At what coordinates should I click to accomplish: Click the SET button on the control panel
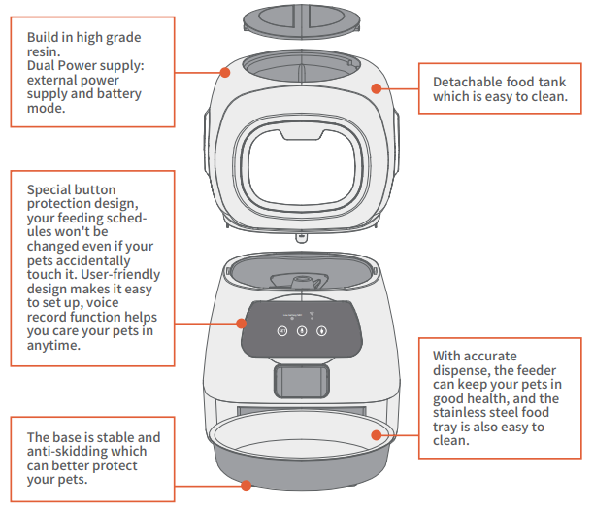click(281, 330)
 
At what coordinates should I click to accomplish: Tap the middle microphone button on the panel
click(302, 330)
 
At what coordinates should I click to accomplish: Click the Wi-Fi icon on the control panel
click(311, 315)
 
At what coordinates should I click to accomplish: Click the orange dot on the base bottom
click(245, 484)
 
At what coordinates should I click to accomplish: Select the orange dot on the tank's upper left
click(225, 71)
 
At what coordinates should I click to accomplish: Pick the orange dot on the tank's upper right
click(374, 85)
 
